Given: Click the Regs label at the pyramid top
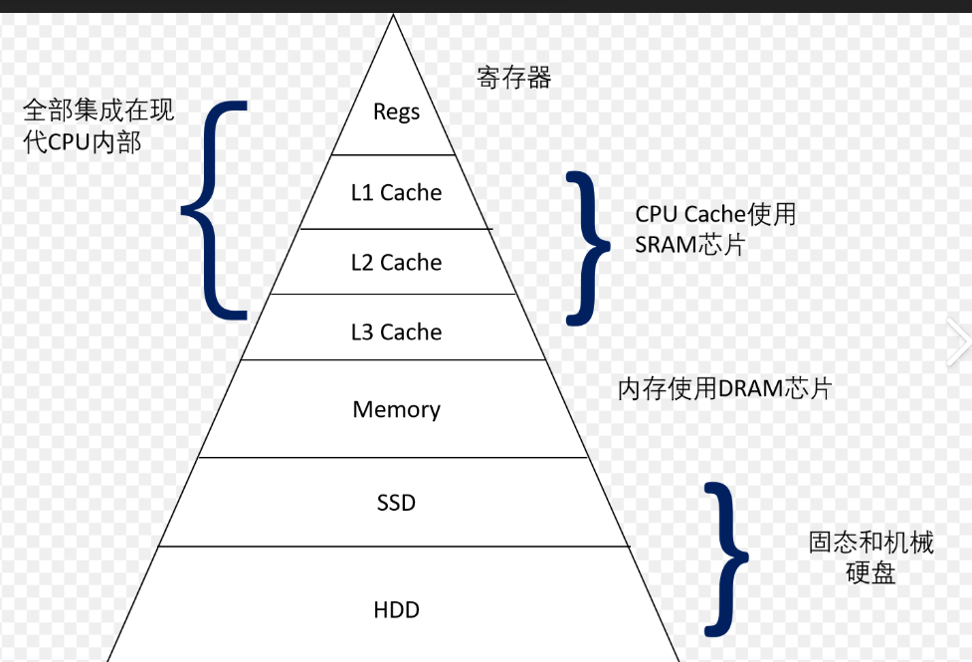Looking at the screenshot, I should pos(396,111).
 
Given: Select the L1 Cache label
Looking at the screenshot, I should pos(396,192).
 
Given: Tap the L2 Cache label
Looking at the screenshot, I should pos(396,263).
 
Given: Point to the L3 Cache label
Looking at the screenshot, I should pos(396,331).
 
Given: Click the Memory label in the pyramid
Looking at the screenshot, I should pos(396,409).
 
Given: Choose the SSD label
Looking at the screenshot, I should pos(396,503).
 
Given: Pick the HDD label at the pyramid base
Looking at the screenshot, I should pos(396,609).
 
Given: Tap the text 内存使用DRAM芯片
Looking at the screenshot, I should pos(724,389).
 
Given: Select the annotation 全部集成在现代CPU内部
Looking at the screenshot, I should pos(97,125).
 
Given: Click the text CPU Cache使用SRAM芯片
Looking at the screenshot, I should pos(715,229).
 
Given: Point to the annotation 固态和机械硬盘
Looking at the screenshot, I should pos(871,557).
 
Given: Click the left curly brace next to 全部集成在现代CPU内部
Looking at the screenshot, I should pos(214,209).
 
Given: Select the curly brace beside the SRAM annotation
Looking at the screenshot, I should pos(590,247).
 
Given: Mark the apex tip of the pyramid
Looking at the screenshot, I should pos(394,15).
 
